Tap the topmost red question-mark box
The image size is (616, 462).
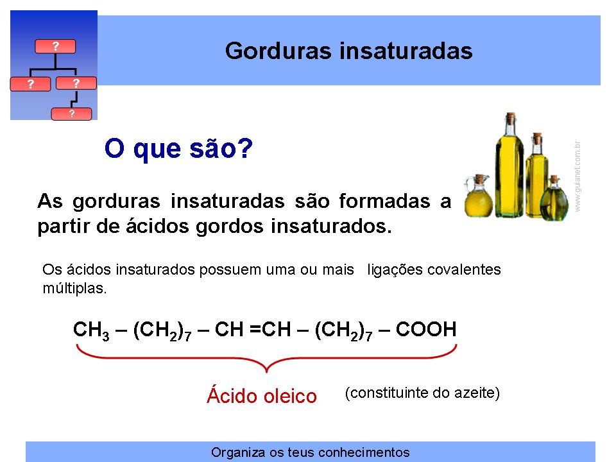55,46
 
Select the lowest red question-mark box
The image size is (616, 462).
71,114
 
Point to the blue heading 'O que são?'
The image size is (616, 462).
179,148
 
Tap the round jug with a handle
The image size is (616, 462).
478,196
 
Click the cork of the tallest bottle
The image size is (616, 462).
510,117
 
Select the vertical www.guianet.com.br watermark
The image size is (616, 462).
577,176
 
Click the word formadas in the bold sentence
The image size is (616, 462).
384,201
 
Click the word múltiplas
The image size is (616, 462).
74,288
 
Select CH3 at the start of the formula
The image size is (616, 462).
91,330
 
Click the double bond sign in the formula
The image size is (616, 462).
255,329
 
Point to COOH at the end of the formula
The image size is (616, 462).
426,329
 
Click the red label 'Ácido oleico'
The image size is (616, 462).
262,395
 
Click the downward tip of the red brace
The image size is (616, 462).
266,372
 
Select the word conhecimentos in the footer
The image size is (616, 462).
364,452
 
